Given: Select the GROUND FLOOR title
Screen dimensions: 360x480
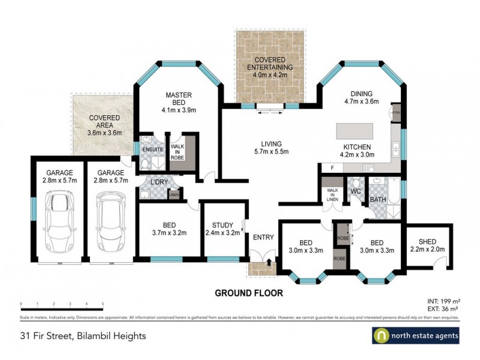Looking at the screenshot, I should [249, 293].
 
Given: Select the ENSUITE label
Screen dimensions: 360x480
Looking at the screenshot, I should [149, 149].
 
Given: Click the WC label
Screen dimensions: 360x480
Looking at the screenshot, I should [355, 192].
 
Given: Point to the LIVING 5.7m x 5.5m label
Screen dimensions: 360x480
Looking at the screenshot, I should [271, 147].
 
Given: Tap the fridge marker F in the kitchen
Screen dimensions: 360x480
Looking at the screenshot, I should [324, 167].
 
